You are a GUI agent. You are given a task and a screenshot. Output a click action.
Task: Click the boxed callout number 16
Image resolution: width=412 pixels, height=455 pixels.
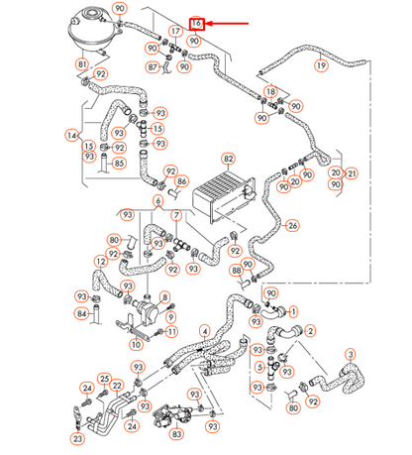coord(196,23)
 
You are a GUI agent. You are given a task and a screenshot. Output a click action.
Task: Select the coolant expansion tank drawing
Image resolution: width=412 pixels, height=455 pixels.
coord(90,32)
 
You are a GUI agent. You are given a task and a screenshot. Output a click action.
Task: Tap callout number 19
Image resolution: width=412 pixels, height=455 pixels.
coord(320,65)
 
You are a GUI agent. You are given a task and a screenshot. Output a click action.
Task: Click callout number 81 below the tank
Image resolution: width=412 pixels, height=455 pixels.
coord(82,65)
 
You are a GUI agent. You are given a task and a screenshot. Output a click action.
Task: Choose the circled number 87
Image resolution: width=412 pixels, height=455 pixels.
coord(153,67)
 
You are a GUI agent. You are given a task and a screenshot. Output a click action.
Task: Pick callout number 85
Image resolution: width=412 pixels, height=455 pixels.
coord(119,164)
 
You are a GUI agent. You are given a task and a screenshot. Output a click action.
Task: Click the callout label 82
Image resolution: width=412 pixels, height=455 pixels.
coord(228,159)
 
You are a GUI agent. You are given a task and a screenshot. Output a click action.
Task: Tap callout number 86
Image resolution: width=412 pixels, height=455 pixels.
coord(181,182)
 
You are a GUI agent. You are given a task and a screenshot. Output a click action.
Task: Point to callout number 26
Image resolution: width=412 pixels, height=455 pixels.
coord(292,225)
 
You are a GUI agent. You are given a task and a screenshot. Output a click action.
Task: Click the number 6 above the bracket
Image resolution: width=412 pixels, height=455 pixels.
coord(157,201)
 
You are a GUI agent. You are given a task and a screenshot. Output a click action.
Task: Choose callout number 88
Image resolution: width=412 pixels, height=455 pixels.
coord(236,270)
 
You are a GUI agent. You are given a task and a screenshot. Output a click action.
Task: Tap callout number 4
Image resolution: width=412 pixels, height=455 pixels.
coord(203,330)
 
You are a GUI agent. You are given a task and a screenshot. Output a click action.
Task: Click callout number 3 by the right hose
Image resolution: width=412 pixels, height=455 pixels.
coord(349,354)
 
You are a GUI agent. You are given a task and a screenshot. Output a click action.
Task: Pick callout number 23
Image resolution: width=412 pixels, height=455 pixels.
coord(77,437)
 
